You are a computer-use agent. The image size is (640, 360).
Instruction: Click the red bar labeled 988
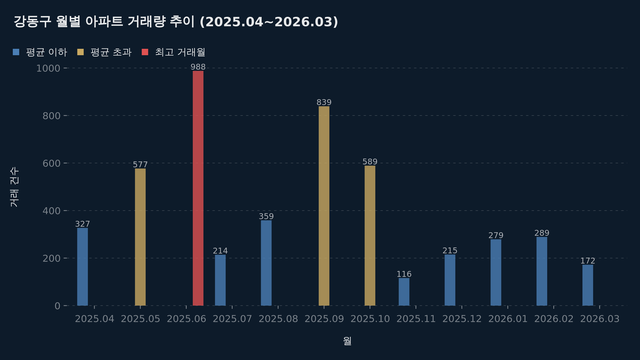(x=198, y=188)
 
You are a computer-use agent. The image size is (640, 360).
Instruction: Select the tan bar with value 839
(x=324, y=206)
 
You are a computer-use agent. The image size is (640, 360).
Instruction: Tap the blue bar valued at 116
(x=404, y=292)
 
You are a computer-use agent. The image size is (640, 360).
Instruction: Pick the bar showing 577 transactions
(x=140, y=237)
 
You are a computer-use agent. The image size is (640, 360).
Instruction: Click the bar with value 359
(x=266, y=263)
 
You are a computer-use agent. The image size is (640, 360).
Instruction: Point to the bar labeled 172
(x=588, y=285)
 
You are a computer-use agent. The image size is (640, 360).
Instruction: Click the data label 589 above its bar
(x=370, y=162)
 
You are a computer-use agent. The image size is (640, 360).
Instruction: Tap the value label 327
(x=82, y=224)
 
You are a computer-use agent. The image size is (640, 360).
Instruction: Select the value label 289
(x=542, y=233)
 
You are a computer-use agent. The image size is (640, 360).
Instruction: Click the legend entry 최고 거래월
(x=180, y=52)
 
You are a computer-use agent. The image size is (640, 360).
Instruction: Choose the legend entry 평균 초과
(x=111, y=52)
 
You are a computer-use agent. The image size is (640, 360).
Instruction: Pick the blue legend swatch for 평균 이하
(x=16, y=52)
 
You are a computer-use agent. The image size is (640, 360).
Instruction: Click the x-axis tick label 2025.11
(x=416, y=319)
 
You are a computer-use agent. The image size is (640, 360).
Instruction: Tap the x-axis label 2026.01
(x=508, y=319)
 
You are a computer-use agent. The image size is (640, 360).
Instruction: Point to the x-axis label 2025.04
(x=95, y=319)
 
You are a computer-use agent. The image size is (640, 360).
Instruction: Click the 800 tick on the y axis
(x=51, y=116)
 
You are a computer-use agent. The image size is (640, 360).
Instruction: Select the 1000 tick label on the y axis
(x=48, y=68)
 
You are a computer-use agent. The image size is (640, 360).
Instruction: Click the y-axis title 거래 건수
(x=14, y=187)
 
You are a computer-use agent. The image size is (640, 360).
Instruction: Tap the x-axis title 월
(x=347, y=341)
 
